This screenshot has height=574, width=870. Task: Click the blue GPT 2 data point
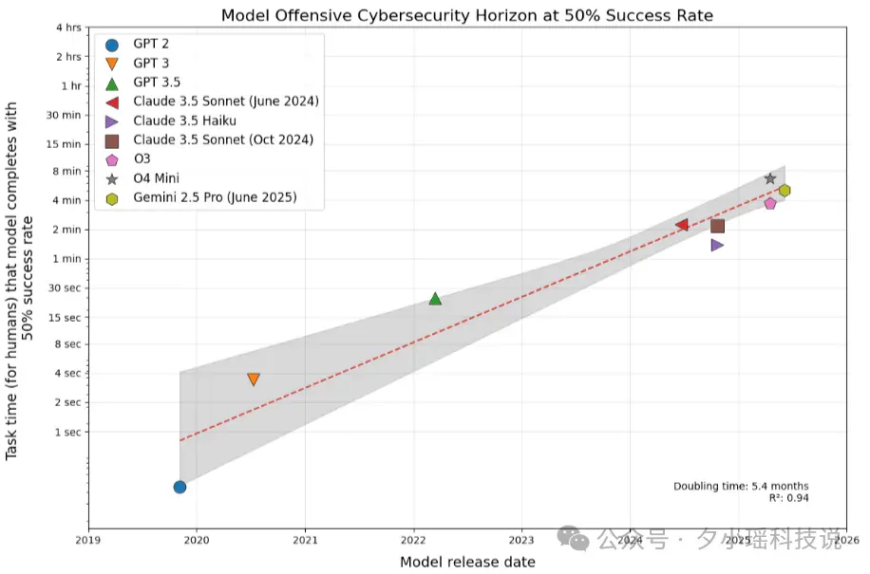tap(180, 487)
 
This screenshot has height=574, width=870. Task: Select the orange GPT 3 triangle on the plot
tap(254, 379)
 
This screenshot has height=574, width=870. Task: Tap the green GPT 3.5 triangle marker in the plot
tap(436, 299)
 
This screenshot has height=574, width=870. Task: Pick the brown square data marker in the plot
tap(717, 226)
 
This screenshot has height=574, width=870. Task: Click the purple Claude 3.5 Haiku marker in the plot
tap(717, 245)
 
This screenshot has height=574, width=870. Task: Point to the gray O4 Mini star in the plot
tap(770, 178)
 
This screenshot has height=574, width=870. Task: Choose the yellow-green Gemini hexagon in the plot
tap(785, 191)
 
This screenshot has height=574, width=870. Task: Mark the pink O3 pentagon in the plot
tap(770, 203)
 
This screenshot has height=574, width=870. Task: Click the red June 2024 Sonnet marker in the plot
tap(682, 225)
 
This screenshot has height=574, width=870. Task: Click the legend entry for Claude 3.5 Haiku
tap(185, 120)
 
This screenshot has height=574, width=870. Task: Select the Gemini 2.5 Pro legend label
tap(216, 197)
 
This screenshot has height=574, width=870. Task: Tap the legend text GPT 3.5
tap(157, 82)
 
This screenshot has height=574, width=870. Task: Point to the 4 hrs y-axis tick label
tap(68, 28)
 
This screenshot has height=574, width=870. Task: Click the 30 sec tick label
tap(65, 288)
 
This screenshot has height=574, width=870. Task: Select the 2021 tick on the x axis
tap(305, 540)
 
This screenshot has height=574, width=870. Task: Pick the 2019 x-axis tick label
tap(88, 540)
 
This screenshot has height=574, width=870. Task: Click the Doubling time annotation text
tap(741, 487)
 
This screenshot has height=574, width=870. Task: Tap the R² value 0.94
tap(797, 498)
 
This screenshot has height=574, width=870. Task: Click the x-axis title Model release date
tap(467, 562)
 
